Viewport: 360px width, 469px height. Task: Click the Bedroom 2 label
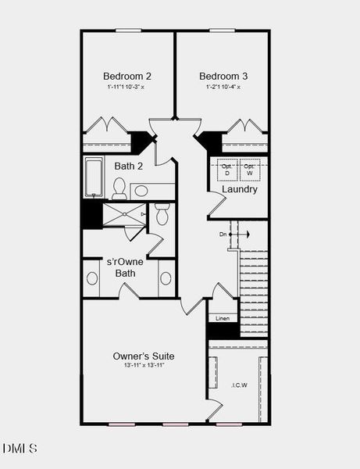coord(127,76)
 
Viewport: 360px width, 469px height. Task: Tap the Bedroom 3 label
coord(223,76)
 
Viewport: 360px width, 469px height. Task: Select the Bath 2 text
coord(129,166)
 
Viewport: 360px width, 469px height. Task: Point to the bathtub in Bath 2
coord(94,177)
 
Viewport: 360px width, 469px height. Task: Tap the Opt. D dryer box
coord(227,170)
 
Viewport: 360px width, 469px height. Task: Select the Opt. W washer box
coord(249,170)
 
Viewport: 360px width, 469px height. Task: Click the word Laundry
coord(239,189)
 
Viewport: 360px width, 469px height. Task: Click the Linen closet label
coord(223,318)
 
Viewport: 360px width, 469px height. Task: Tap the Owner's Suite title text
coord(144,356)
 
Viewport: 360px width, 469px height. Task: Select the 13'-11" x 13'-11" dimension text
coord(144,365)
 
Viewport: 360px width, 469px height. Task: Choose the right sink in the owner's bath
coord(166,277)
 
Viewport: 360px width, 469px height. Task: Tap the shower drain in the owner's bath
coord(143,213)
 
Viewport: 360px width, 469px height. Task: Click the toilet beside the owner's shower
coord(162,213)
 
